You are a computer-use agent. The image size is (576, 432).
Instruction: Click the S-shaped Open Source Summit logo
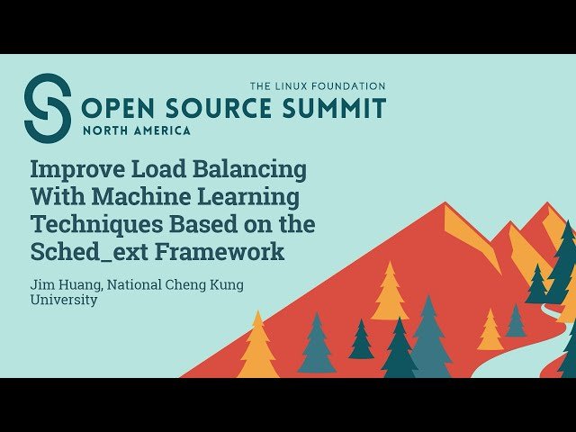47,108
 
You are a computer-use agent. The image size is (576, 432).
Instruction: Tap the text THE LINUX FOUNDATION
318,86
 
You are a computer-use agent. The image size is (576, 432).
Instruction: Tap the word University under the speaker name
64,300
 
